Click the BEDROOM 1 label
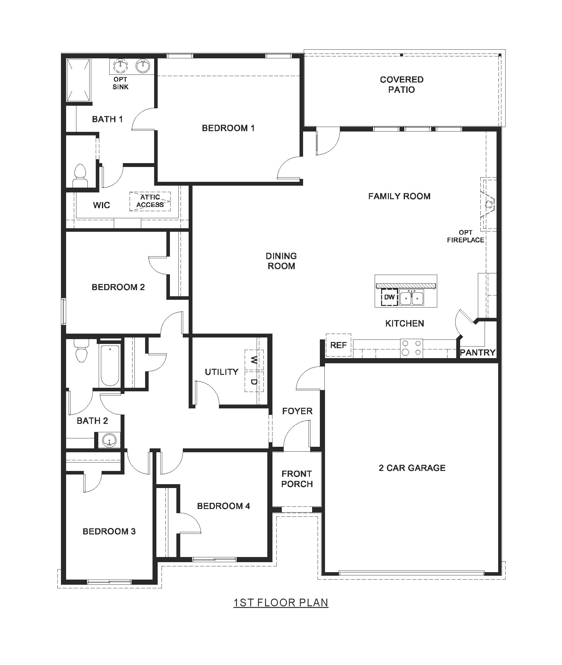click(228, 128)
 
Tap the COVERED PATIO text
click(401, 84)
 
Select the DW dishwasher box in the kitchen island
click(389, 297)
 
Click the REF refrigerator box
click(338, 345)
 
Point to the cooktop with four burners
click(411, 348)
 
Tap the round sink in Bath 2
click(109, 440)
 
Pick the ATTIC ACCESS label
click(150, 201)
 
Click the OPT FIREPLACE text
click(465, 236)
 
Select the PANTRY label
click(477, 352)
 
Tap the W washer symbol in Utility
click(254, 360)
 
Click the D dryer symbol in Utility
click(254, 382)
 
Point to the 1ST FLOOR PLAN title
click(281, 602)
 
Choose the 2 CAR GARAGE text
click(412, 468)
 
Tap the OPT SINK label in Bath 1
click(121, 83)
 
